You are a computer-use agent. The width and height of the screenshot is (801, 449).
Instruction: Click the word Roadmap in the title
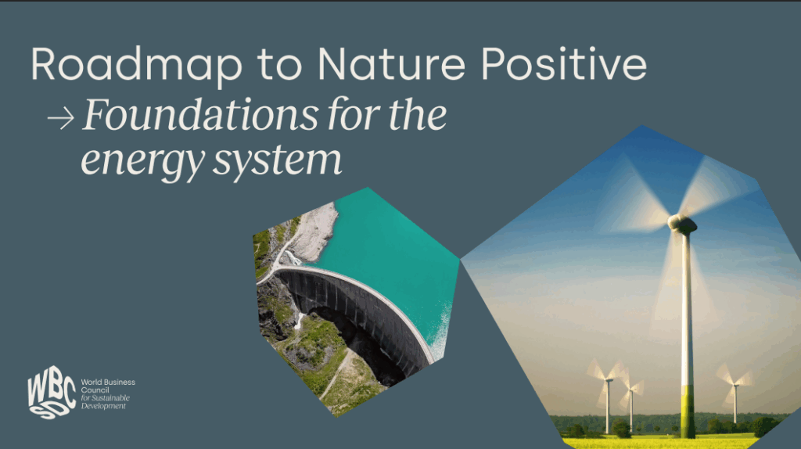click(136, 65)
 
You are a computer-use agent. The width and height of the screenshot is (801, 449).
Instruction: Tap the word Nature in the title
click(391, 64)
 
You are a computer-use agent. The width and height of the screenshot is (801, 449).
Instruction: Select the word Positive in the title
click(564, 63)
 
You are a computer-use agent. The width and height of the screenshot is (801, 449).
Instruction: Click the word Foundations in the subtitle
click(201, 114)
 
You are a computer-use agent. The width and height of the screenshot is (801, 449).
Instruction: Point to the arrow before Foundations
click(61, 119)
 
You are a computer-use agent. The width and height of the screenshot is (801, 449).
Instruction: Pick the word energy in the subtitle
click(142, 161)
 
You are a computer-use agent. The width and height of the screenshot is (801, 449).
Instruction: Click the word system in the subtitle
click(277, 159)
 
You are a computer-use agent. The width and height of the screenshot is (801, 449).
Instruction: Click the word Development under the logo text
click(104, 406)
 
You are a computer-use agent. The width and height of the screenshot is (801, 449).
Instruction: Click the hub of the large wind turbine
click(682, 223)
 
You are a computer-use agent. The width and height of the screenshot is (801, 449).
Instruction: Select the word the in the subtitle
click(418, 114)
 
